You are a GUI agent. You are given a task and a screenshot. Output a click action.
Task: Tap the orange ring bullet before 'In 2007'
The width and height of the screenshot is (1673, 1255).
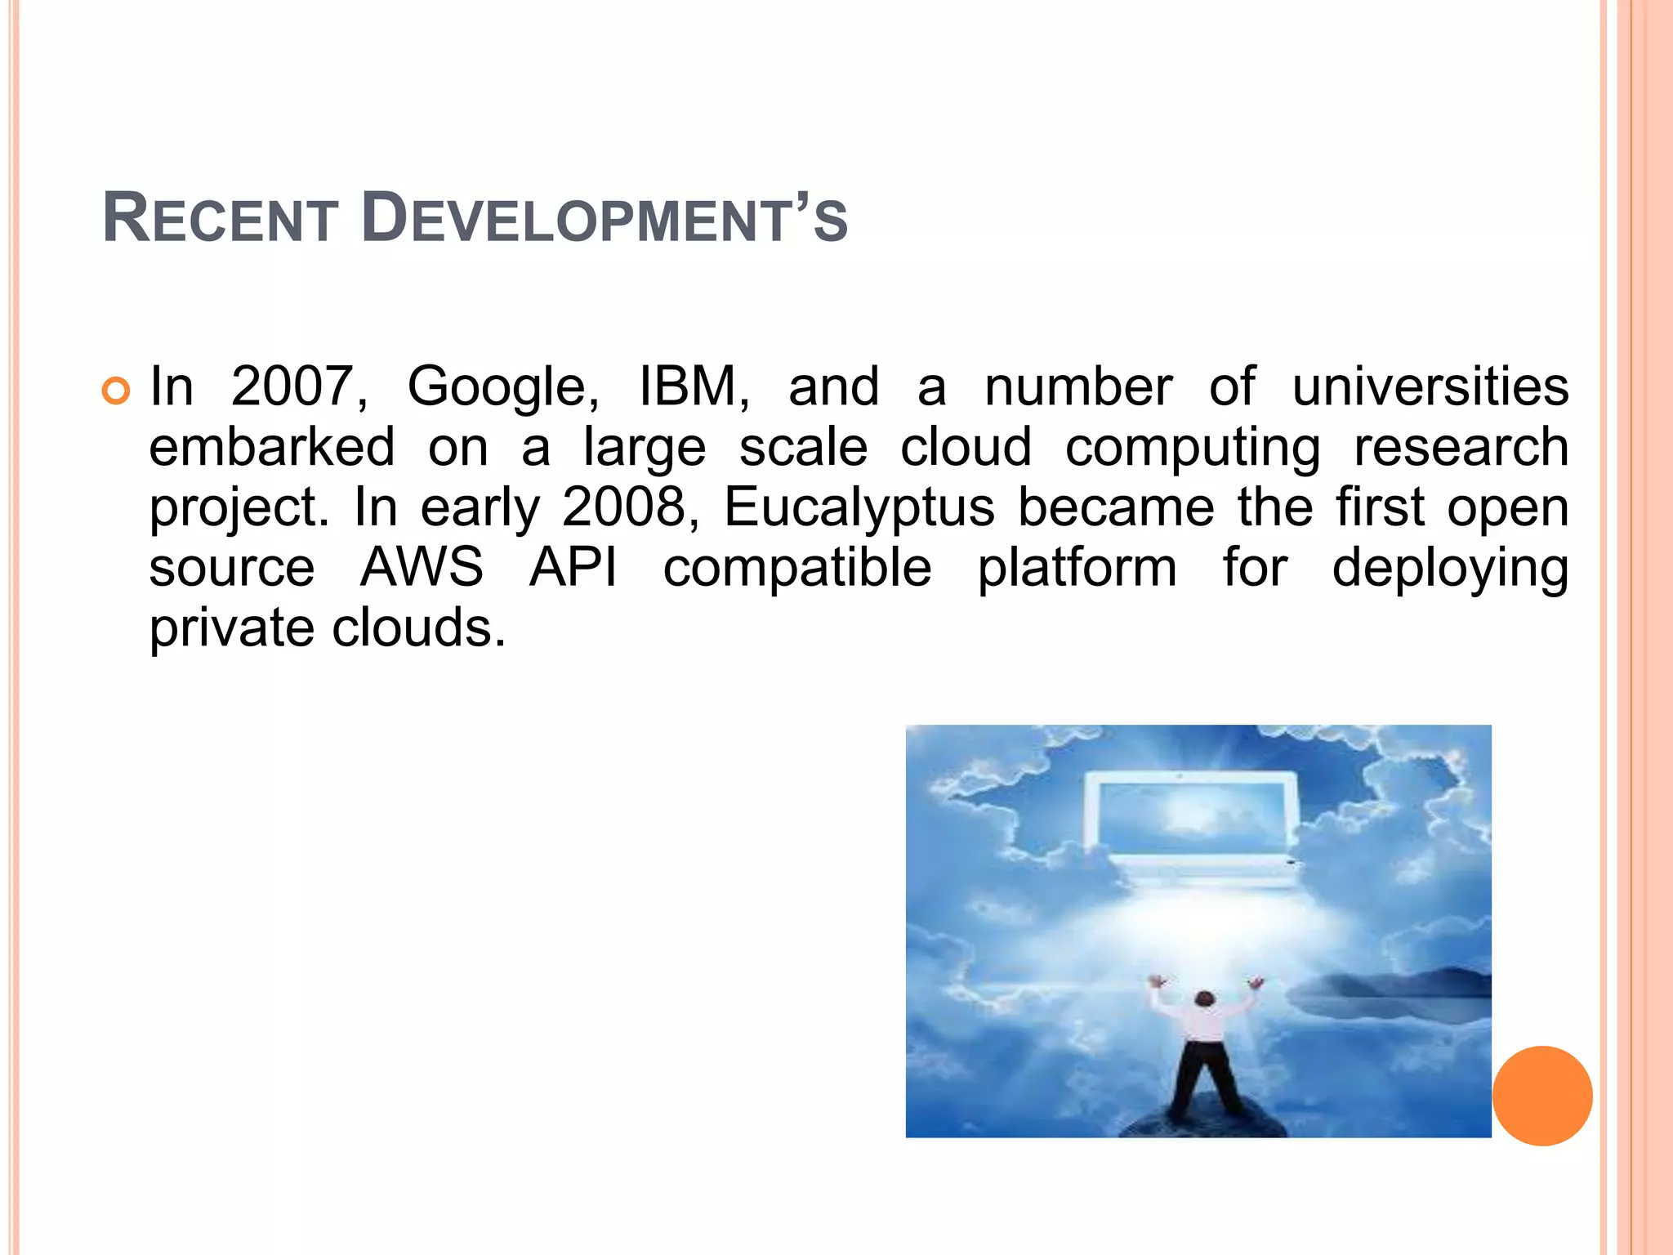pos(116,391)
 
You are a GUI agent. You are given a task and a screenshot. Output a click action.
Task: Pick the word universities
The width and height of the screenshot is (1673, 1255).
pos(1430,386)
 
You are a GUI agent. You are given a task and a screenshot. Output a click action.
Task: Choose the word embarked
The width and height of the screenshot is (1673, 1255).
pos(272,447)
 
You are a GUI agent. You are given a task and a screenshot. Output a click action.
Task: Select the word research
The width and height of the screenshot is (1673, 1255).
pos(1461,447)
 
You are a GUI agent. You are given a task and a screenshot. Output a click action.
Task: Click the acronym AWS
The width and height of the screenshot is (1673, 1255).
pos(422,568)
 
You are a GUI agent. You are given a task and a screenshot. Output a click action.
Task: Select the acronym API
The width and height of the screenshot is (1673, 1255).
pos(573,568)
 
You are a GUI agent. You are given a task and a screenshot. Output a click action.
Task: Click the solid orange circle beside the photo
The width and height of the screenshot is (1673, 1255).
pos(1542,1096)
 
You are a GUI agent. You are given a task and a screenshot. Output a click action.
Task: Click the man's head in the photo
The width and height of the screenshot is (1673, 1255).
pos(1204,998)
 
